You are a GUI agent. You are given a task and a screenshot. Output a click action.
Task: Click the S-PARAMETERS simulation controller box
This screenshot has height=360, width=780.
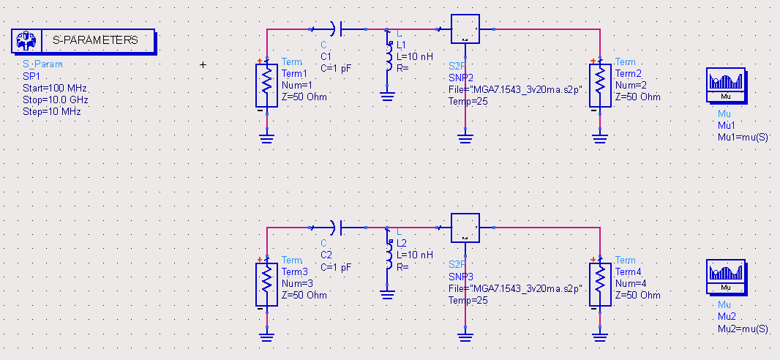83,41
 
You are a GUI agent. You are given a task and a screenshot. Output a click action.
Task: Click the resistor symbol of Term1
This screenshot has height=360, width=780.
267,85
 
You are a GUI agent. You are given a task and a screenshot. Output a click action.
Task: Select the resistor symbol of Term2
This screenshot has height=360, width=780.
600,85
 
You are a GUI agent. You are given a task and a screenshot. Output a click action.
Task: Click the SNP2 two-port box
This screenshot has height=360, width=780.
465,29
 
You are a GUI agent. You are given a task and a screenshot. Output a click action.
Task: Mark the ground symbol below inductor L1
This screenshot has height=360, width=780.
389,95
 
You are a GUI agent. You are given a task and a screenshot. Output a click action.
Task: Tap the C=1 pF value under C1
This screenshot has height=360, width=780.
336,67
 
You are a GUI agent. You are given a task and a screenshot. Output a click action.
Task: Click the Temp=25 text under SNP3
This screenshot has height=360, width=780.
468,300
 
